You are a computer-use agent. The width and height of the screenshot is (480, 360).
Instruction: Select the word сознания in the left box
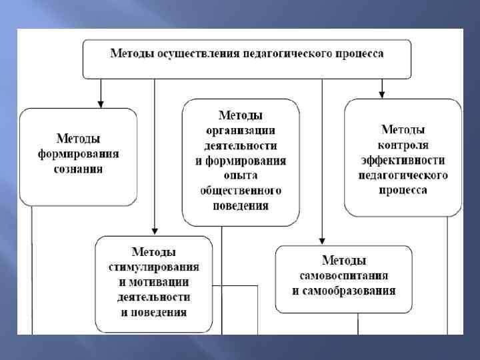click(78, 169)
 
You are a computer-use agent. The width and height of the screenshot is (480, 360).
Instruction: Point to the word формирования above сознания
click(78, 154)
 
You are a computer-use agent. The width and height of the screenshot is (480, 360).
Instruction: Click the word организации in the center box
click(240, 131)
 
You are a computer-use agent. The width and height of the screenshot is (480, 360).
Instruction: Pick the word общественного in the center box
click(241, 191)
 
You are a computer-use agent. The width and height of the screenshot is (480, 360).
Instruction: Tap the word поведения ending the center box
click(241, 205)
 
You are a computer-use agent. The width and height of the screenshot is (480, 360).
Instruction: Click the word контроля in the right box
click(403, 145)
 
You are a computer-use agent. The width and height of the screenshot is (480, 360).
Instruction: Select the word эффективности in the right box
click(403, 160)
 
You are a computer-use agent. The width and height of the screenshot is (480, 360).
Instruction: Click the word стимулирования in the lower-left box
click(153, 267)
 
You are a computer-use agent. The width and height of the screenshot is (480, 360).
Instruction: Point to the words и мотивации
click(153, 282)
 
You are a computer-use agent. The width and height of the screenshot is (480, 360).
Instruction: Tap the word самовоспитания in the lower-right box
click(343, 275)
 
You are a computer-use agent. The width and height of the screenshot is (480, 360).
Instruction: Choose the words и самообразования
click(343, 291)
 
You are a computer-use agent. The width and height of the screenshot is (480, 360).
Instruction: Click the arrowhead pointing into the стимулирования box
click(155, 231)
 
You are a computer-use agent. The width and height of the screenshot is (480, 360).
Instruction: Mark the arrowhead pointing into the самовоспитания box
click(322, 241)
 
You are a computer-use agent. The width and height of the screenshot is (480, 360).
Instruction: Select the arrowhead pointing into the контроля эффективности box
click(382, 94)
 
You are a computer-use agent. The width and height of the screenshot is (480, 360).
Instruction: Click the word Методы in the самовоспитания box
click(343, 260)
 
